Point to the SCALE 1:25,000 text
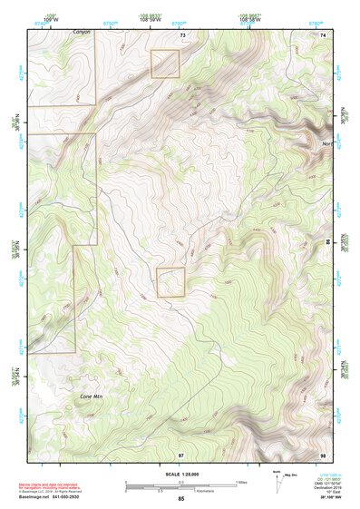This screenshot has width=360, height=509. [x=180, y=475]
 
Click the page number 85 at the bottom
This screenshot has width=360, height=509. [x=181, y=499]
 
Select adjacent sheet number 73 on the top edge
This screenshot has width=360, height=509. [x=182, y=34]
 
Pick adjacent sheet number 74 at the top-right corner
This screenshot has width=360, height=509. [x=322, y=34]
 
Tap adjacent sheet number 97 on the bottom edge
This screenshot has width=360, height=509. [x=181, y=454]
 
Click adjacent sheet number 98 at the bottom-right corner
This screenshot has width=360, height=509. [x=322, y=454]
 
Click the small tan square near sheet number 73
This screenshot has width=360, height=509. [x=165, y=64]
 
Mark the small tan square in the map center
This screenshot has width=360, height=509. [x=170, y=282]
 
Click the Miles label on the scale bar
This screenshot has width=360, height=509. [x=242, y=481]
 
